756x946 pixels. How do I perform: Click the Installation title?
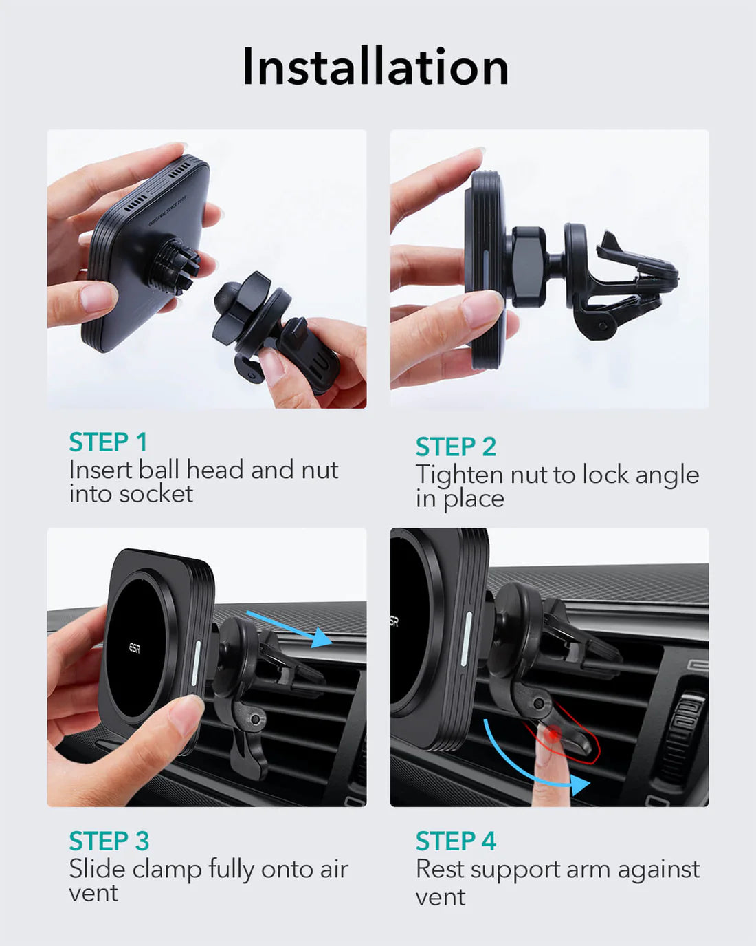[x=375, y=67]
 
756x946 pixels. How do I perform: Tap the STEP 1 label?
[x=108, y=442]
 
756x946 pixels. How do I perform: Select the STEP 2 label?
[x=456, y=447]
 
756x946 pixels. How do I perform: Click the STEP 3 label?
[x=109, y=841]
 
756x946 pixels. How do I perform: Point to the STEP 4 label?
[x=456, y=841]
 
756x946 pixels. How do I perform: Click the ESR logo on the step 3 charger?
[x=135, y=648]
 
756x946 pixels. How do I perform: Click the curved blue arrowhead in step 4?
[x=580, y=784]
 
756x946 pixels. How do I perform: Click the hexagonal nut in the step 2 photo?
[x=529, y=266]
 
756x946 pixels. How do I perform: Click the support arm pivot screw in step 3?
[x=256, y=719]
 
